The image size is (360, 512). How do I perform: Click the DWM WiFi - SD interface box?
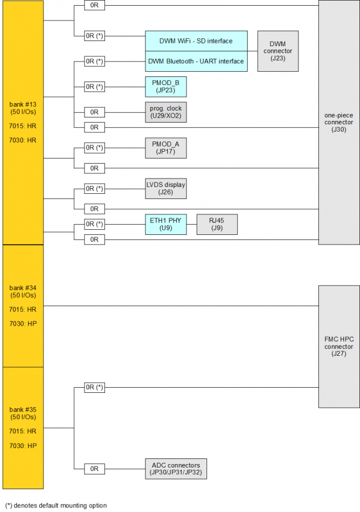coord(196,41)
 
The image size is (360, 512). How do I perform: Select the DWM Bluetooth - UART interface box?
coord(196,62)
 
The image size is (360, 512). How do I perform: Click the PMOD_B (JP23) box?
coord(165,87)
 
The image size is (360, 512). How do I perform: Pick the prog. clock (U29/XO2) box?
coord(165,112)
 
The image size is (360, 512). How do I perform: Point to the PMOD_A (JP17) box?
coord(165,148)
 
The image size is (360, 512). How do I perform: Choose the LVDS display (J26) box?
coord(165,188)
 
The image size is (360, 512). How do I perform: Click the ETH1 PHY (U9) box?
coord(165,224)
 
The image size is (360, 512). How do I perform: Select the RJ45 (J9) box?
coord(217,224)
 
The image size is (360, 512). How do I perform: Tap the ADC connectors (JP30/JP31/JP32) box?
coord(176,469)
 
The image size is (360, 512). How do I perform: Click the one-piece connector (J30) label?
coord(339,122)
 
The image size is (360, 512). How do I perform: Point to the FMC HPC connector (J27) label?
coord(339,346)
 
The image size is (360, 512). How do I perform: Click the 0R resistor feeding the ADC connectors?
coord(95,469)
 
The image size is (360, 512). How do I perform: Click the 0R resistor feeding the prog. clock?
coord(95,112)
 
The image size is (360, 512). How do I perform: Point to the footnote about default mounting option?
coord(56,505)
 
